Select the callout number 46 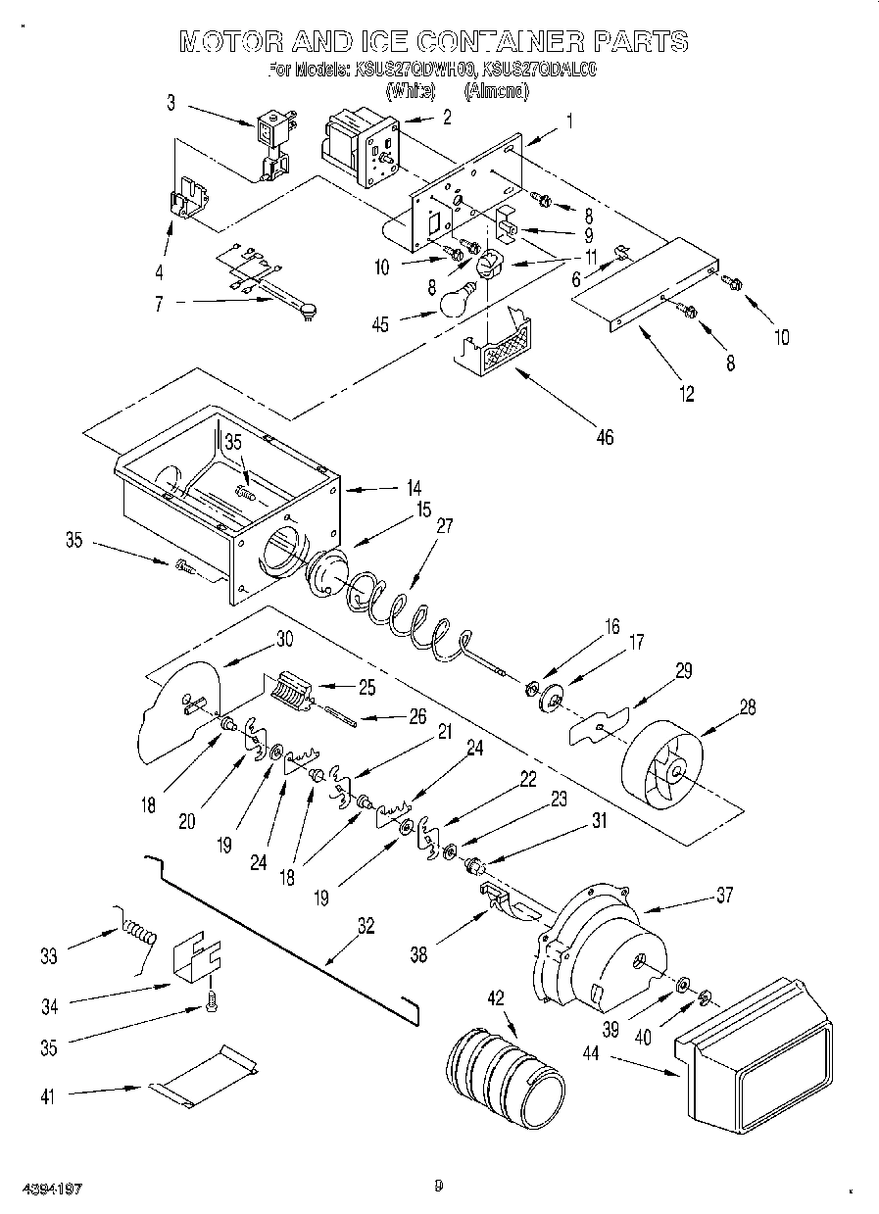[605, 437]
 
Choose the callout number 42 [496, 998]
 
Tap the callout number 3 [170, 101]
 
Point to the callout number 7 [160, 305]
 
